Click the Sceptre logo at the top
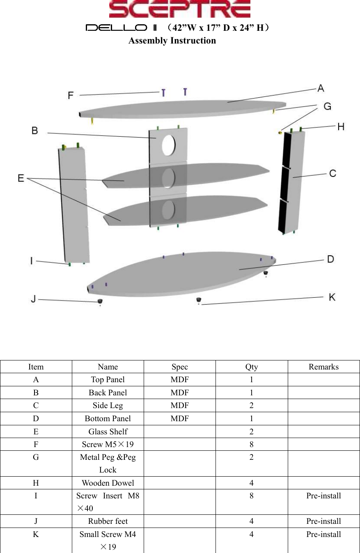tap(179, 9)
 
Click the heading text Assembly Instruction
tap(172, 41)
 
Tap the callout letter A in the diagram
tap(320, 88)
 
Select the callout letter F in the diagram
tap(71, 95)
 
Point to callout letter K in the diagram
tap(332, 297)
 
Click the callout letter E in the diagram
tap(21, 178)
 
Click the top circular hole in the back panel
tap(168, 145)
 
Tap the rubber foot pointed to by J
tap(99, 302)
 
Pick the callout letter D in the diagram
tap(330, 259)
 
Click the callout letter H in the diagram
tap(341, 127)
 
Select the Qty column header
tap(252, 367)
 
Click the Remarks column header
tap(323, 367)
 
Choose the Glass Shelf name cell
tap(108, 431)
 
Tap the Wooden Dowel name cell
tap(108, 483)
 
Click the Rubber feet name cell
tap(108, 521)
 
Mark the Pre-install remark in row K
tap(323, 534)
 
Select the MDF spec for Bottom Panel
tap(180, 418)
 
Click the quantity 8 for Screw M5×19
tap(252, 444)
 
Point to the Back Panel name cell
tap(108, 392)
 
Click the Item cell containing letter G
tap(36, 457)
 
